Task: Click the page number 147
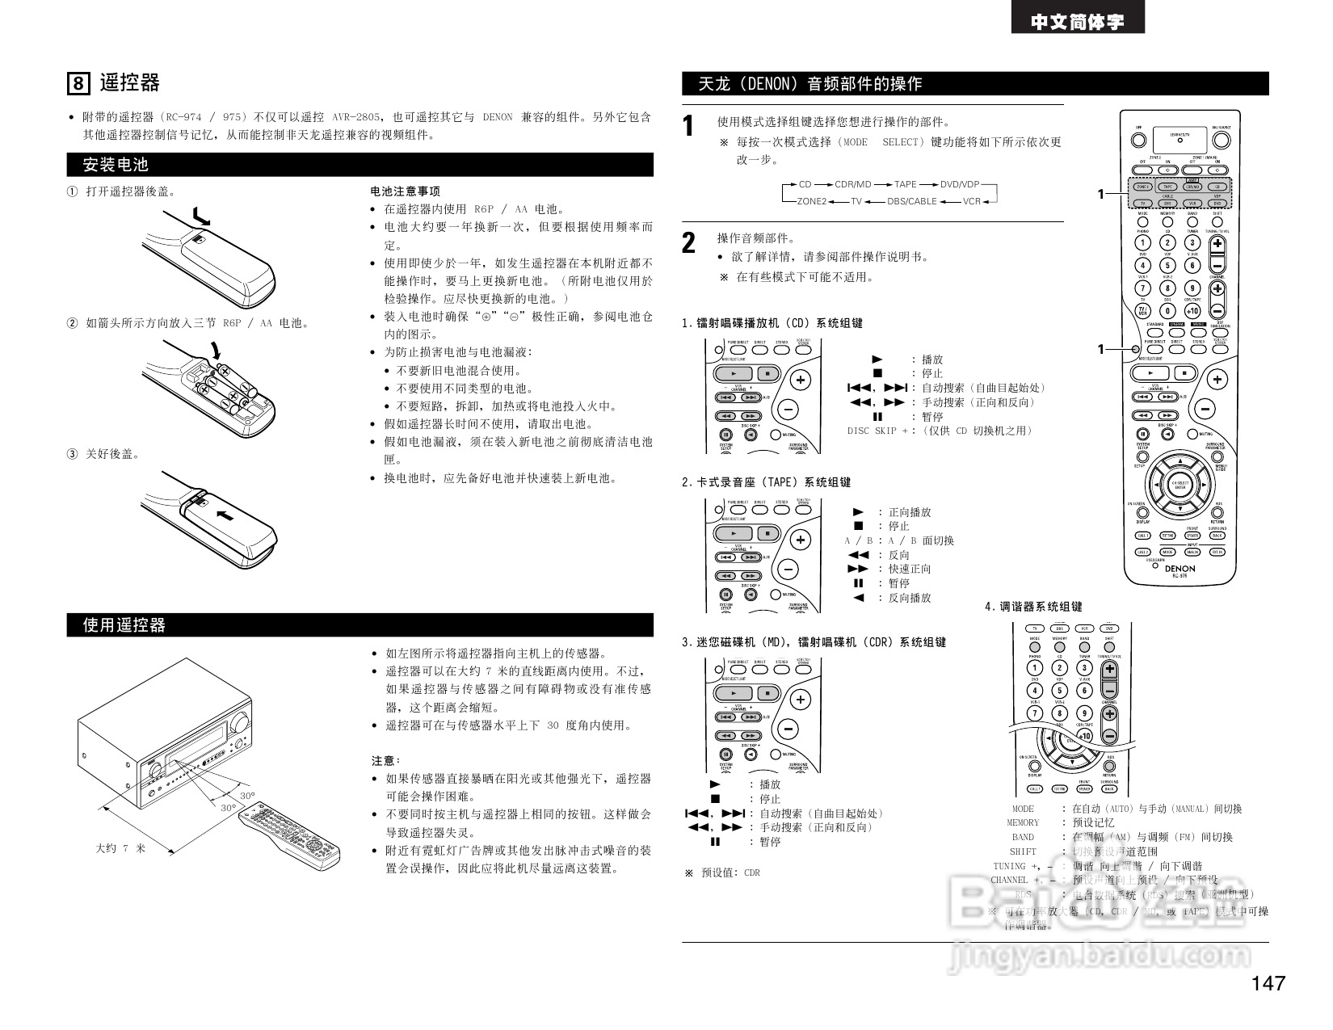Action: click(1268, 983)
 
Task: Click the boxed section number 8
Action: click(78, 84)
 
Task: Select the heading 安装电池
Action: click(116, 165)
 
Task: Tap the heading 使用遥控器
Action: click(124, 625)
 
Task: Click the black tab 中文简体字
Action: click(1077, 22)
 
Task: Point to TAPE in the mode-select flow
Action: click(905, 185)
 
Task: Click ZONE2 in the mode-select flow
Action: click(811, 201)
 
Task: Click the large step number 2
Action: click(689, 243)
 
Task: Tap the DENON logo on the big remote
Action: click(1180, 568)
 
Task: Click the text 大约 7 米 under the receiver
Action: click(120, 848)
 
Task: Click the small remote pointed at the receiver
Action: click(289, 836)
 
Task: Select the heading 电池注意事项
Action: click(405, 191)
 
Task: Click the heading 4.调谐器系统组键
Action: click(1032, 607)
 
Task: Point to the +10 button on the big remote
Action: click(1192, 311)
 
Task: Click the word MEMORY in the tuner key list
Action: click(1023, 822)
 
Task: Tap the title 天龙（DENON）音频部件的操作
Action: click(809, 84)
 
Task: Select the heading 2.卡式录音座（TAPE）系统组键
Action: click(766, 482)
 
